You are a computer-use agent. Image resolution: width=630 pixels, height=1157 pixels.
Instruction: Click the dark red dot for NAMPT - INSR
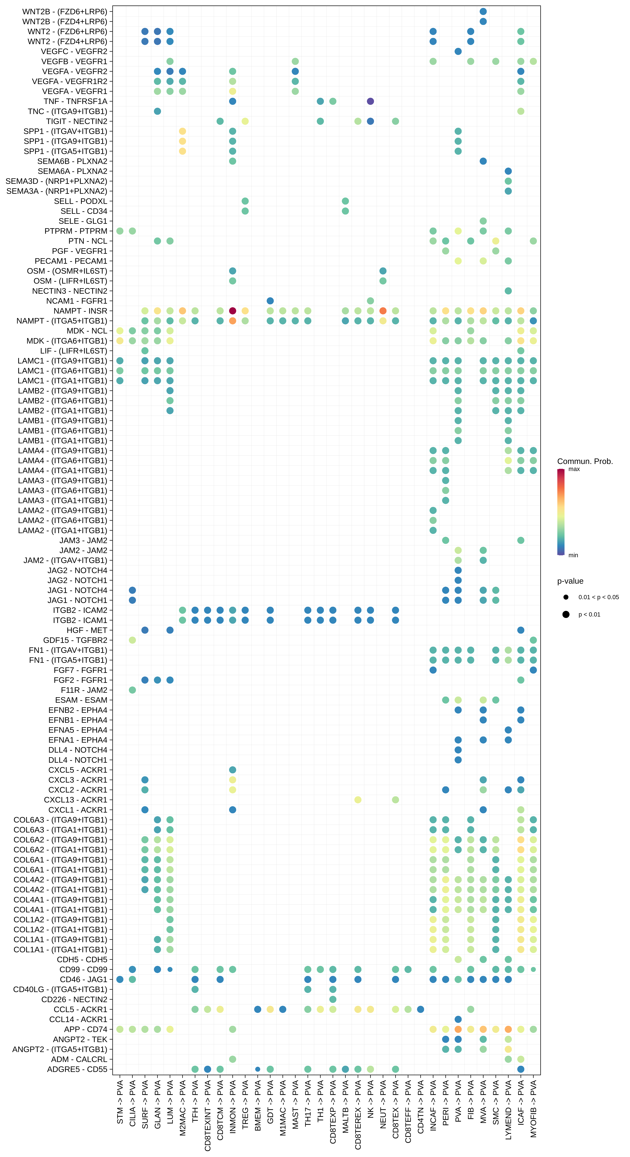coord(232,311)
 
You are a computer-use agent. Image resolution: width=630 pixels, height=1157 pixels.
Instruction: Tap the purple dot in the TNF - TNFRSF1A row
coord(370,101)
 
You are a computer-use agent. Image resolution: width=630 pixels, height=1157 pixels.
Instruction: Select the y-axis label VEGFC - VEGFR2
coord(74,51)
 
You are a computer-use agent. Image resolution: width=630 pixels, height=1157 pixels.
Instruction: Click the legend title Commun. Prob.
coord(585,461)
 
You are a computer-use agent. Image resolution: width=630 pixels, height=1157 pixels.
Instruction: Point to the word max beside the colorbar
coord(574,469)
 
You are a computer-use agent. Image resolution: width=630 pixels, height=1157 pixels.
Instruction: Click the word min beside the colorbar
coord(573,555)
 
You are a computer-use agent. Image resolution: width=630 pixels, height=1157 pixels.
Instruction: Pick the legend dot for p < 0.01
coord(566,614)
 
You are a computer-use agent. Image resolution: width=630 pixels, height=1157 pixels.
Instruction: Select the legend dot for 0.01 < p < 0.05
coord(566,597)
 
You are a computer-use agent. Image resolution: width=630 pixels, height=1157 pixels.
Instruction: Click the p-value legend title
coord(570,581)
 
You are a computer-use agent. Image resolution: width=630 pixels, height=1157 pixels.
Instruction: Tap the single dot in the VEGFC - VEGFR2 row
coord(458,51)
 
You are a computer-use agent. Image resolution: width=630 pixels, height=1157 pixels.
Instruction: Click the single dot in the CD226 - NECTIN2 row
coord(332,999)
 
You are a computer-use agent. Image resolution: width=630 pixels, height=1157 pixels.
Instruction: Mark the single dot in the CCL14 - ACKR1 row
coord(458,1019)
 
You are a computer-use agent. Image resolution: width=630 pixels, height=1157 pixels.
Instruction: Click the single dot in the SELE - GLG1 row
coord(483,221)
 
